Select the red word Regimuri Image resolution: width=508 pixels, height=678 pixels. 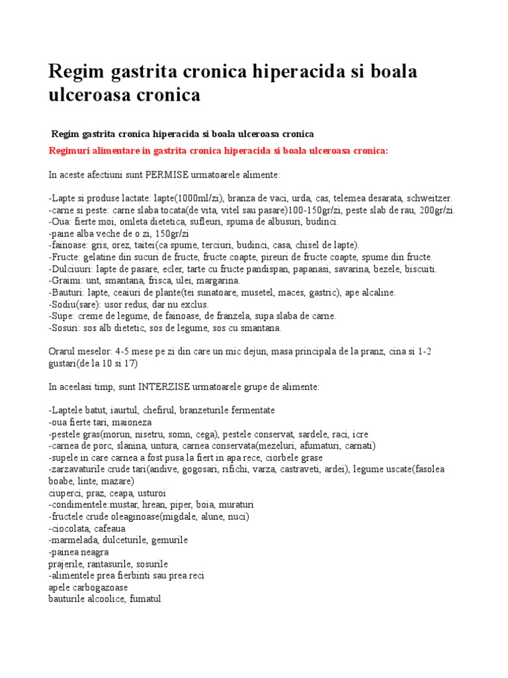coord(70,151)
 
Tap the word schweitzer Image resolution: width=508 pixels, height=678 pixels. coord(429,199)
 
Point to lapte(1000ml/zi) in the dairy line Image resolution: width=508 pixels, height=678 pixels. coord(189,199)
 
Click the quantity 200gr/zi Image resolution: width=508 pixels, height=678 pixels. coord(437,211)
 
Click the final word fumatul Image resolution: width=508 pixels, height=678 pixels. coord(145,599)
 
